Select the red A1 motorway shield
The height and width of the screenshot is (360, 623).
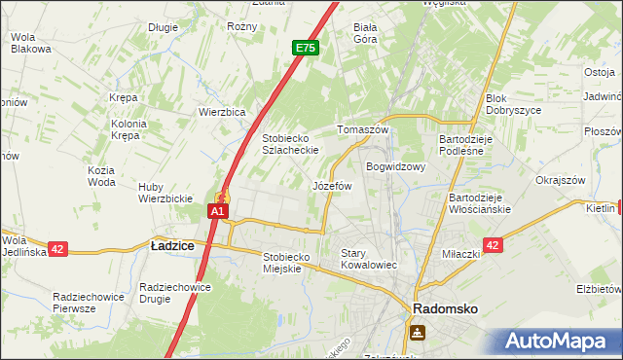(219, 210)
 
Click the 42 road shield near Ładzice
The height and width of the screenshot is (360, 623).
(57, 249)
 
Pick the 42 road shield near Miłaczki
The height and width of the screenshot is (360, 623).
(493, 246)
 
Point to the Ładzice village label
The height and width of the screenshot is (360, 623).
(172, 247)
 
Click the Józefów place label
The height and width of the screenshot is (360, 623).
(331, 185)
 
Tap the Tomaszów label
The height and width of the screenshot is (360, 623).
(362, 129)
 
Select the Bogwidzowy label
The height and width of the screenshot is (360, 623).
(396, 166)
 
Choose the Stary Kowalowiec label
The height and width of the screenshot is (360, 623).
(369, 258)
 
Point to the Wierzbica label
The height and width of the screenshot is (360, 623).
(221, 112)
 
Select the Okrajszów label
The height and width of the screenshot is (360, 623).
(560, 180)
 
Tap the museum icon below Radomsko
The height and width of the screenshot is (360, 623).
(418, 333)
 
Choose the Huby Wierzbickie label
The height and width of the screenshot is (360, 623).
(165, 193)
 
